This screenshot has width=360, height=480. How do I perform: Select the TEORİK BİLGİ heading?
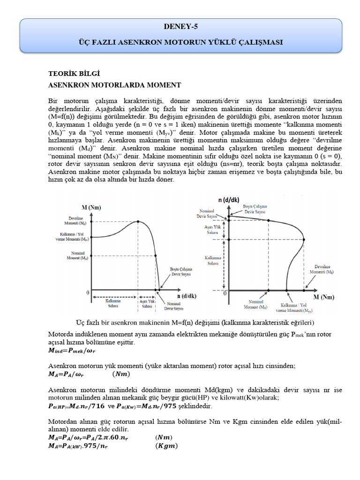[x=74, y=74]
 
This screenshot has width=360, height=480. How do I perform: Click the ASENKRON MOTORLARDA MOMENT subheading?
[x=115, y=85]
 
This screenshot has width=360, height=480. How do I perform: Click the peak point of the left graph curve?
[x=138, y=222]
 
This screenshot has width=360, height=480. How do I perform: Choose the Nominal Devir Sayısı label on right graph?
[x=208, y=213]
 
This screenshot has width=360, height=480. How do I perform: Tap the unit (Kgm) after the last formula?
[x=166, y=446]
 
